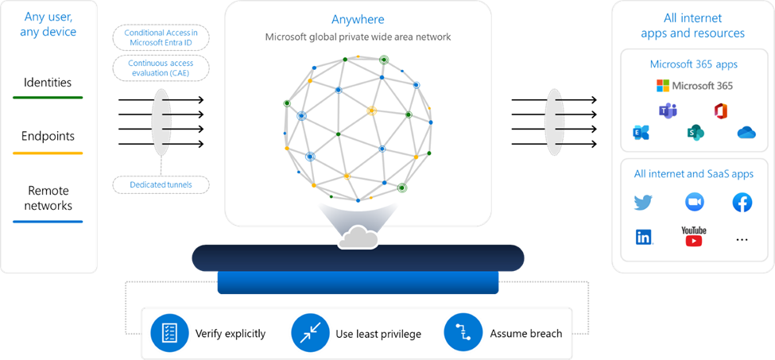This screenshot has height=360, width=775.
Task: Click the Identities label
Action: pyautogui.click(x=48, y=83)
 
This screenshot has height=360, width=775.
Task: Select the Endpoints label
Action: pyautogui.click(x=48, y=136)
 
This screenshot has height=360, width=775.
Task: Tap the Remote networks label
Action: pyautogui.click(x=48, y=198)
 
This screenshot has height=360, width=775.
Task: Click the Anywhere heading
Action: pyautogui.click(x=358, y=19)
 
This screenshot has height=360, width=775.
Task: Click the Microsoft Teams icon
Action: pyautogui.click(x=667, y=111)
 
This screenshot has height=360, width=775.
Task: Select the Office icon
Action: pyautogui.click(x=721, y=111)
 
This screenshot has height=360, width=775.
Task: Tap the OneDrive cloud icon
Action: pyautogui.click(x=746, y=133)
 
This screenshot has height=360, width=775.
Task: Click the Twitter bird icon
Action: pyautogui.click(x=643, y=203)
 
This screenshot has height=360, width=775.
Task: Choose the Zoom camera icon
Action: pyautogui.click(x=694, y=203)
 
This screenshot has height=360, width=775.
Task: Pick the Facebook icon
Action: pyautogui.click(x=742, y=203)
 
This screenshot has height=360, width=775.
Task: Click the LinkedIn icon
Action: pyautogui.click(x=643, y=237)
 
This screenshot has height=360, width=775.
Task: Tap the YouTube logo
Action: pyautogui.click(x=693, y=236)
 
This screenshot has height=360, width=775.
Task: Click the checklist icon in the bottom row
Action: pyautogui.click(x=169, y=331)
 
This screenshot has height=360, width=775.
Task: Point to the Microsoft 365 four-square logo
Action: pyautogui.click(x=663, y=86)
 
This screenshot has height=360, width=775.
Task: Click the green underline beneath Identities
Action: pyautogui.click(x=48, y=98)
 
